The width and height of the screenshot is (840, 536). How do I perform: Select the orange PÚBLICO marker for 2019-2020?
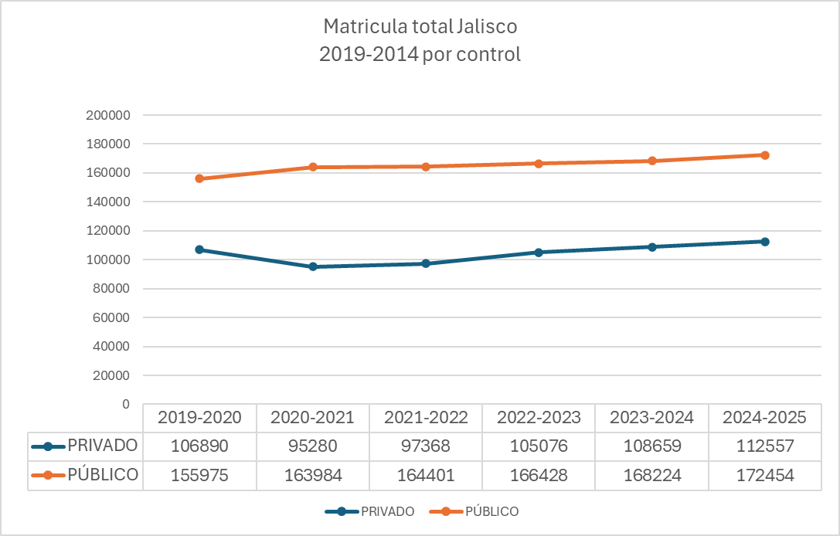(199, 178)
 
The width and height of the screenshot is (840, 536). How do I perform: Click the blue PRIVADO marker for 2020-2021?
(313, 266)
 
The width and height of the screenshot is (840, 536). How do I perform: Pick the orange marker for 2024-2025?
(765, 155)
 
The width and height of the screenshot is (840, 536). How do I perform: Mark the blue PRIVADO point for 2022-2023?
(539, 253)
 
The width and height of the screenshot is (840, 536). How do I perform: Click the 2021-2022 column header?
(426, 418)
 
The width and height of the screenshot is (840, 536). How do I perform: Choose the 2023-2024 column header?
(651, 418)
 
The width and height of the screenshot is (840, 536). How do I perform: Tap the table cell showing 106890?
(199, 446)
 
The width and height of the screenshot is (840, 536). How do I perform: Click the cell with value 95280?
(313, 446)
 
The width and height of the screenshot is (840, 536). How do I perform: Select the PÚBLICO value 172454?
(765, 475)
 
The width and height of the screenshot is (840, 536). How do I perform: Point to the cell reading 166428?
(539, 475)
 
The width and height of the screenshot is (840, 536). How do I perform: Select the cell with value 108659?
(651, 446)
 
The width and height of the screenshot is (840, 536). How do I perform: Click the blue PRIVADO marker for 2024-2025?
(765, 242)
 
